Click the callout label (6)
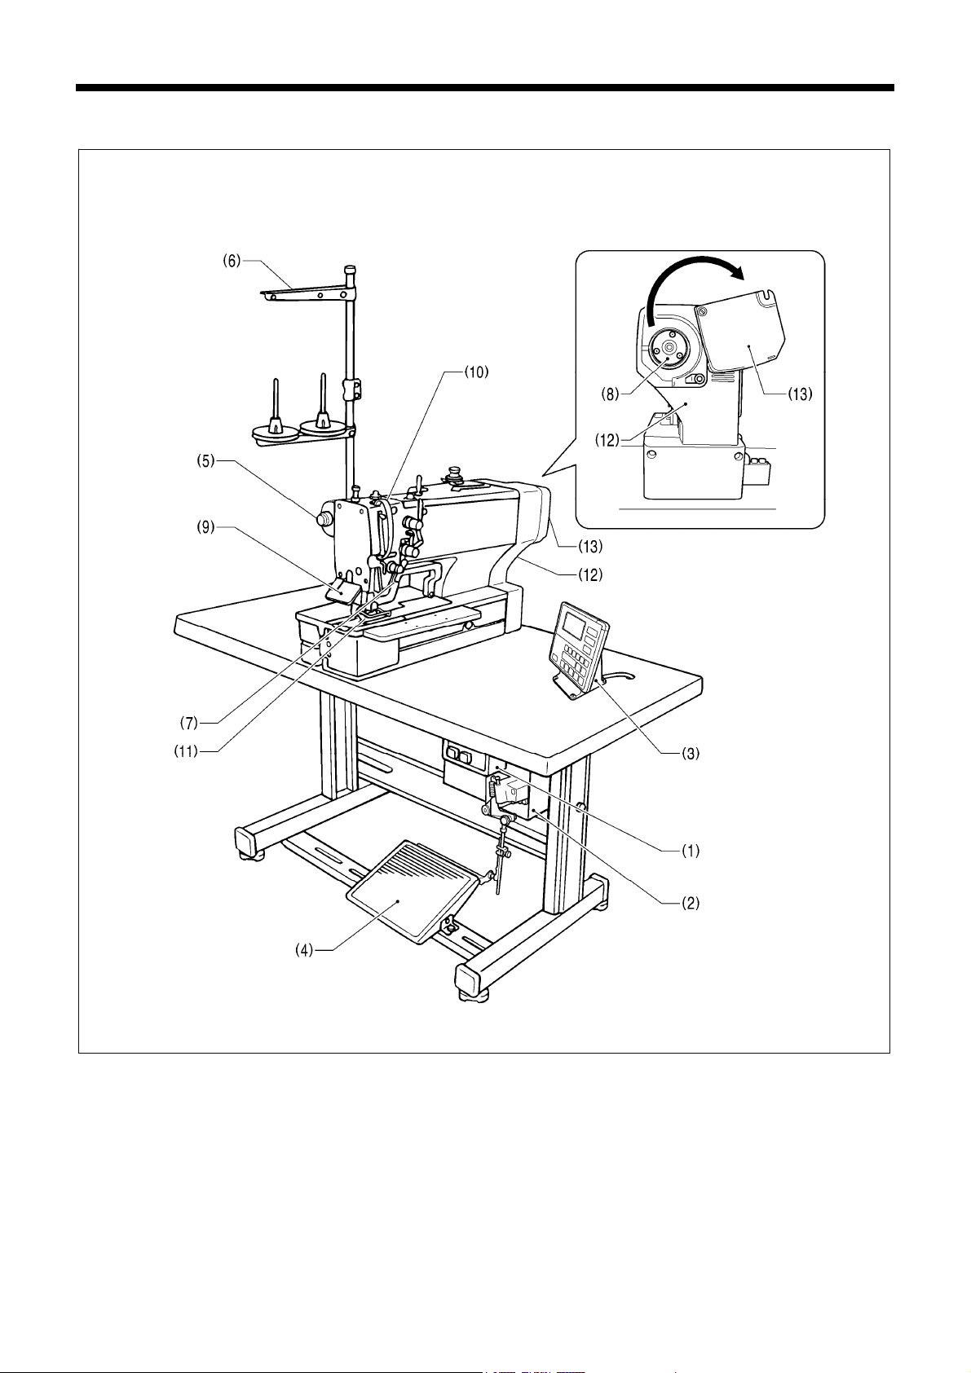[x=232, y=261]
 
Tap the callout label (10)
[x=476, y=372]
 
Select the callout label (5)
[x=205, y=461]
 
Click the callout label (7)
[x=189, y=723]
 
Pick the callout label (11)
[x=186, y=750]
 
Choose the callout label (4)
[x=303, y=950]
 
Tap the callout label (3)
[x=690, y=754]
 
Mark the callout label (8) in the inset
[x=611, y=394]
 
